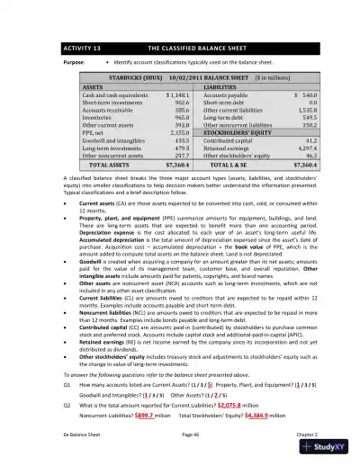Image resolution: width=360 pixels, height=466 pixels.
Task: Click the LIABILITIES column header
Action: click(x=227, y=86)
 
